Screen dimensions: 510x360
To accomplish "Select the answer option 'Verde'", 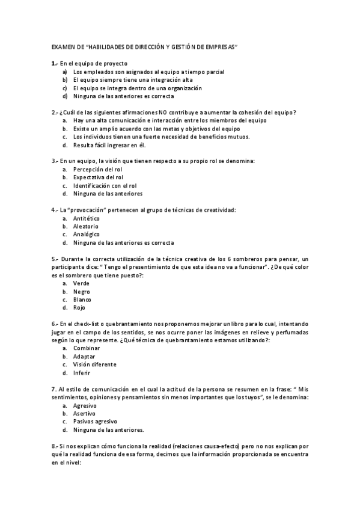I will [x=82, y=283].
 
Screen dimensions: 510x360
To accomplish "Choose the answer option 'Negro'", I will [x=82, y=291].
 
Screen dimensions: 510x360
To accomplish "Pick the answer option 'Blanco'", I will [x=82, y=299].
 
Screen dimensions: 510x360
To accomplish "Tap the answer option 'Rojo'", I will [x=79, y=307].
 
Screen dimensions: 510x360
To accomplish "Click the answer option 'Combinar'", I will [x=87, y=348].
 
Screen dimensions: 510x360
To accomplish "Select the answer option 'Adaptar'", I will [x=85, y=356].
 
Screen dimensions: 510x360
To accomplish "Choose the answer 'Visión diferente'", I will [x=94, y=364].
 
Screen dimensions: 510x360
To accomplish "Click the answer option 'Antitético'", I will [x=87, y=218].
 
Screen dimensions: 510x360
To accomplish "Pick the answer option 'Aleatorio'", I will [x=86, y=226].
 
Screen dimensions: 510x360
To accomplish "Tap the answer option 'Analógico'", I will [x=87, y=234].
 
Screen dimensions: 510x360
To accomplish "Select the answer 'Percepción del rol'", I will [x=97, y=169].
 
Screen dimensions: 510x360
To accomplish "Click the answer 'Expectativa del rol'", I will [x=98, y=177].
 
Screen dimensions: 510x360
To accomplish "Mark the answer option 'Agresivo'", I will [x=85, y=405].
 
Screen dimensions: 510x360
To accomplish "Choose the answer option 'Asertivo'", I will [x=84, y=414].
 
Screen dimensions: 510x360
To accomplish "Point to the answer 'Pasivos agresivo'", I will [x=95, y=422].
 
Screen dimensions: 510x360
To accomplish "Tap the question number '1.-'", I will [x=55, y=63].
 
